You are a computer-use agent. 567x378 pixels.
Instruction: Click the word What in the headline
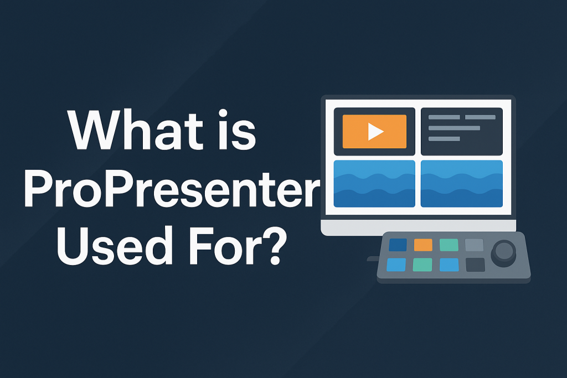[x=136, y=130]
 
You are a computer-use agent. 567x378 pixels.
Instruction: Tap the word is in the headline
[x=238, y=130]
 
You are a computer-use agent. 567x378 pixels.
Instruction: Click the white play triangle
[x=376, y=132]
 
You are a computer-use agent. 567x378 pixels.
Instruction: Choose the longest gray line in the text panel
[x=454, y=128]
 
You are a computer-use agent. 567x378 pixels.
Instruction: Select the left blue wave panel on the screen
[x=374, y=184]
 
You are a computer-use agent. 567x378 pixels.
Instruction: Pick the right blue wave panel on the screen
[x=462, y=184]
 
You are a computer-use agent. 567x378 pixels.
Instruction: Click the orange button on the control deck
[x=423, y=245]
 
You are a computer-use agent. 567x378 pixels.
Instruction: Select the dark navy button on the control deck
[x=398, y=245]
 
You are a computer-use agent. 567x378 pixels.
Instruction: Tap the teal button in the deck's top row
[x=449, y=245]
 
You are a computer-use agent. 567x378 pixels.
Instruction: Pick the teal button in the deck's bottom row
[x=422, y=265]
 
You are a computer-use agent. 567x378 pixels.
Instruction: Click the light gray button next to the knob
[x=474, y=245]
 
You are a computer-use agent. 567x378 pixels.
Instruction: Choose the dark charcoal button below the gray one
[x=475, y=265]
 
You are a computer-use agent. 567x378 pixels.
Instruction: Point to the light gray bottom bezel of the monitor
[x=419, y=226]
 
